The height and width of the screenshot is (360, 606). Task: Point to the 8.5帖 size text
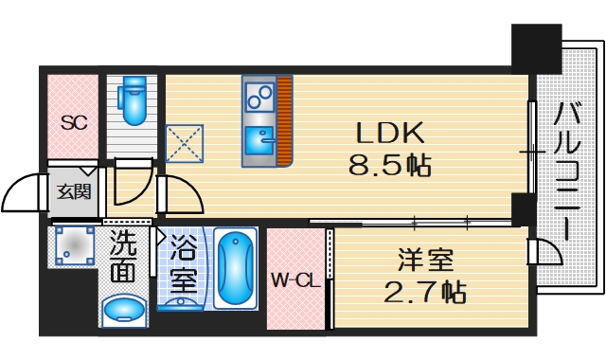point(389,168)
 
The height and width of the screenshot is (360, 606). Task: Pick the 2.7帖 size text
point(424,292)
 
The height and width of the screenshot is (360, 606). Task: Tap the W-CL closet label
point(294,280)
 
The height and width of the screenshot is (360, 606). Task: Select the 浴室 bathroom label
point(184,266)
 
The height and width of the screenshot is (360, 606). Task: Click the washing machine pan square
point(72,247)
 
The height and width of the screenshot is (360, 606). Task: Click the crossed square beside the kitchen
point(184,143)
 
